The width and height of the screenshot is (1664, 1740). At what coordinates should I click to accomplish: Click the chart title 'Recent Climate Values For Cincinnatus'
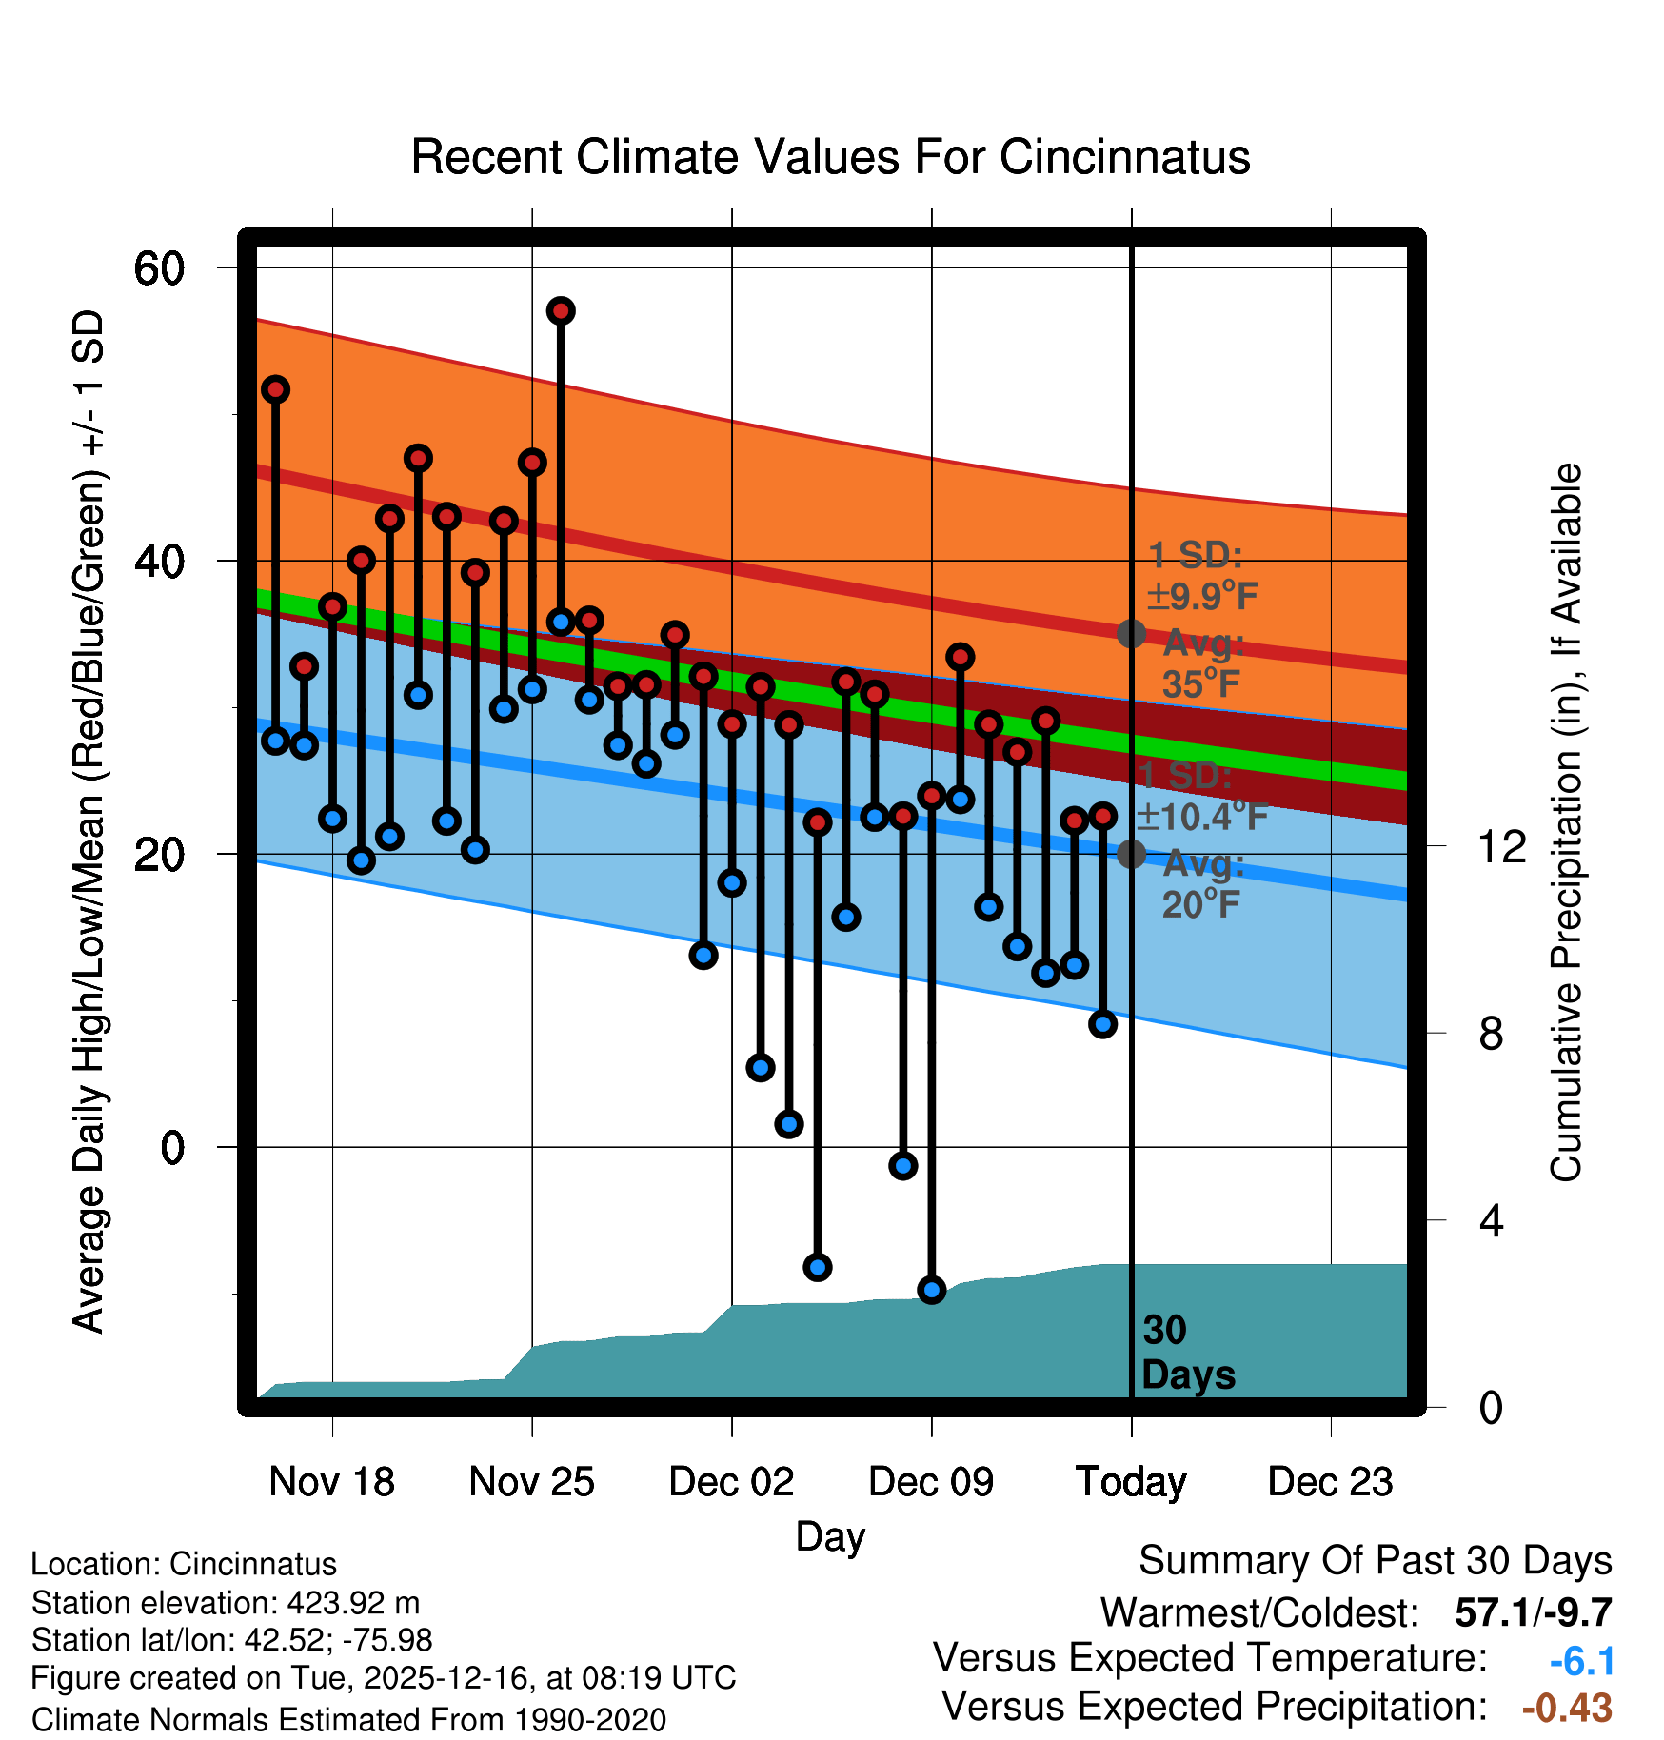pos(830,157)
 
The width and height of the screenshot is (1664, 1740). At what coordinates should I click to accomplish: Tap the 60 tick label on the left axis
pos(160,268)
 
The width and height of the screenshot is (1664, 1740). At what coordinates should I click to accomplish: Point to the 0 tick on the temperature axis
pos(172,1148)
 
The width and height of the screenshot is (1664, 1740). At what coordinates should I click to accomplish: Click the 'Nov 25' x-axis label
pos(531,1482)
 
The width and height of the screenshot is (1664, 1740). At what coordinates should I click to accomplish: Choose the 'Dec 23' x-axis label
pos(1330,1482)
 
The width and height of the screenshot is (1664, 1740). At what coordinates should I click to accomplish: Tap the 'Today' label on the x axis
pos(1131,1482)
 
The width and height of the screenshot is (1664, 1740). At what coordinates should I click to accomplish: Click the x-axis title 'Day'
pos(830,1536)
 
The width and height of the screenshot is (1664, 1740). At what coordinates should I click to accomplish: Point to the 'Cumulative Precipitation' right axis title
pos(1566,822)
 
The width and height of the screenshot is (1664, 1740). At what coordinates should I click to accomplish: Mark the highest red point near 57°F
pos(561,311)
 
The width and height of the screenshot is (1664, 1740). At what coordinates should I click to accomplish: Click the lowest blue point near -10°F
pos(932,1290)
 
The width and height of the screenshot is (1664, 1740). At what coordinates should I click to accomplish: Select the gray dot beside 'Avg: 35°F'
pos(1131,634)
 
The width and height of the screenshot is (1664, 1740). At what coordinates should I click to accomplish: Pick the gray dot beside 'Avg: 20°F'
pos(1131,854)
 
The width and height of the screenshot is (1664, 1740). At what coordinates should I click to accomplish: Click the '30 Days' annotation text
pos(1187,1353)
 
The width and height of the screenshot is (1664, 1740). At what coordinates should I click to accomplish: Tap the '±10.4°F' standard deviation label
pos(1201,817)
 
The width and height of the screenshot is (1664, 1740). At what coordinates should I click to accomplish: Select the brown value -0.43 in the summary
pos(1567,1708)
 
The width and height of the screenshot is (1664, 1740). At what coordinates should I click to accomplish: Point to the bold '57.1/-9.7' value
pos(1533,1612)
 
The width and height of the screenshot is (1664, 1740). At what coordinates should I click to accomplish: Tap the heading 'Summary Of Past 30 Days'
pos(1375,1561)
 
